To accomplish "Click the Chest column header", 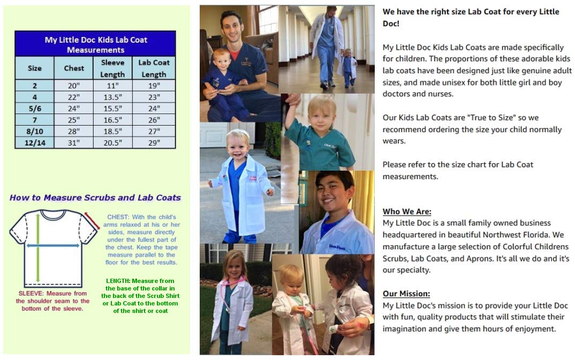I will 74,68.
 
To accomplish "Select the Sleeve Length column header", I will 112,68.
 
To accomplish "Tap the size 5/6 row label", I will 34,108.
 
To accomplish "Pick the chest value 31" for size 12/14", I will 74,142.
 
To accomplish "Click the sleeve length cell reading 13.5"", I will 112,97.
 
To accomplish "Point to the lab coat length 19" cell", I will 154,86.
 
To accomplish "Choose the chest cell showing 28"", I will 74,131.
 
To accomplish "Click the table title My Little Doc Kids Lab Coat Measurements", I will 95,44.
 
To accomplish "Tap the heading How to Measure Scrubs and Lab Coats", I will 95,197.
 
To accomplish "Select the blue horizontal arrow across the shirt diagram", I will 53,246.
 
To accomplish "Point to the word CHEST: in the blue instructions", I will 115,217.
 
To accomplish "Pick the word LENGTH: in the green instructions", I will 116,281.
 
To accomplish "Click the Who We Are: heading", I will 407,211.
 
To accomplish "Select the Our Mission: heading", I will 406,294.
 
